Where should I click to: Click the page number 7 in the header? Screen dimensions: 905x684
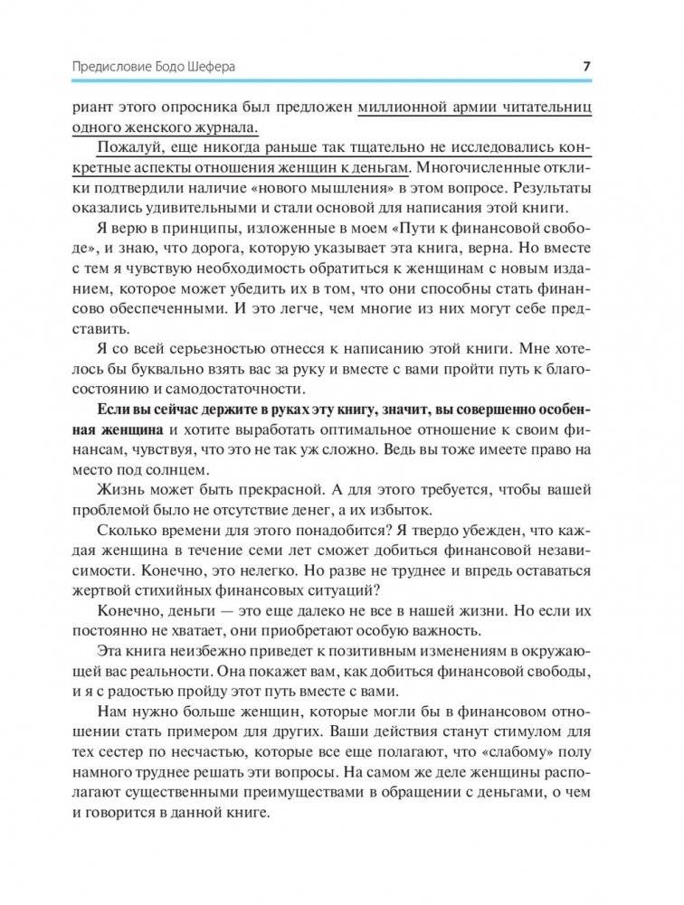pos(586,66)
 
